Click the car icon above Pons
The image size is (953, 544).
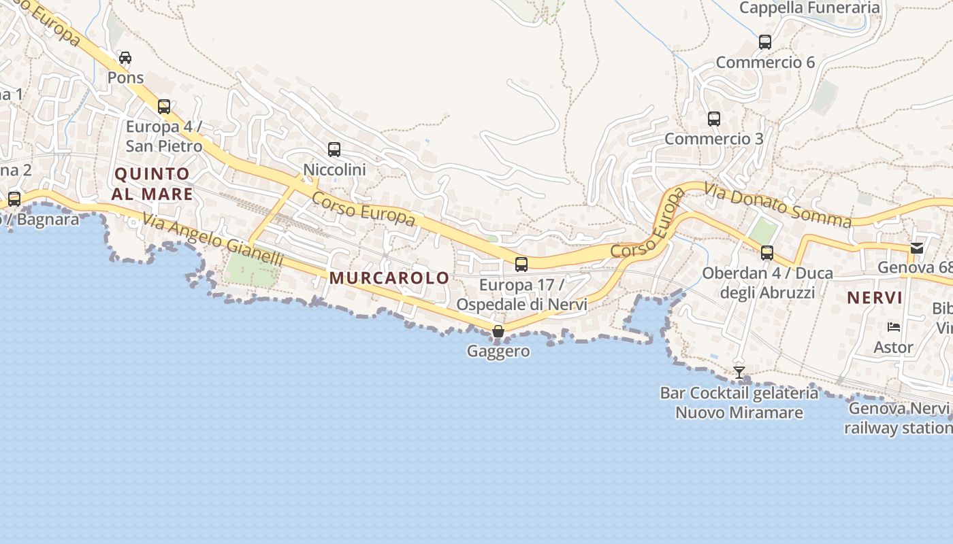point(125,58)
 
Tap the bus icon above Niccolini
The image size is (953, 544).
point(334,150)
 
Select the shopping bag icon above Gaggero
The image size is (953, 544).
point(498,331)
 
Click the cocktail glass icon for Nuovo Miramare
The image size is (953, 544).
point(739,373)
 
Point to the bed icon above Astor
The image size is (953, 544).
point(894,327)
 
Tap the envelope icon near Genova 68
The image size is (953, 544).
point(918,248)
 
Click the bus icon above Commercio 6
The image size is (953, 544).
point(765,42)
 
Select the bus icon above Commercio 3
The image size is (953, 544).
point(714,119)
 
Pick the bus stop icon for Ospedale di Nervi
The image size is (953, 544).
point(521,265)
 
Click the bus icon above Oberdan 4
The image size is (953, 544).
point(767,253)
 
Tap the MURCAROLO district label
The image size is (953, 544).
point(389,277)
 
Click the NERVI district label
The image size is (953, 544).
point(875,297)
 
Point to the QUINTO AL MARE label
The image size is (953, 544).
point(153,184)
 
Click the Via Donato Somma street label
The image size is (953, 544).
point(777,206)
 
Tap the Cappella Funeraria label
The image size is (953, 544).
point(809,8)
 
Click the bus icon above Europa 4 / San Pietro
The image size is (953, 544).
point(164,107)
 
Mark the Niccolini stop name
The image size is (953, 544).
point(334,170)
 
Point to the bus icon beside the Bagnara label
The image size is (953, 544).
point(14,199)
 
